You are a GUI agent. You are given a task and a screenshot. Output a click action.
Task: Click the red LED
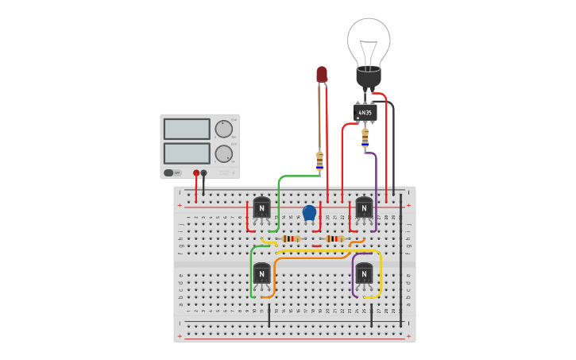(x=322, y=74)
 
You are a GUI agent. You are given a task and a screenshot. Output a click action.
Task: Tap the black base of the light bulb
(x=369, y=78)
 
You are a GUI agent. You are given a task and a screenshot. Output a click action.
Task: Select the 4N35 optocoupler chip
(x=365, y=113)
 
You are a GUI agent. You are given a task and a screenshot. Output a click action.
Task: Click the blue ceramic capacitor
(x=309, y=213)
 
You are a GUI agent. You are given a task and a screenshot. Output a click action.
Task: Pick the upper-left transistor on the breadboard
(x=261, y=208)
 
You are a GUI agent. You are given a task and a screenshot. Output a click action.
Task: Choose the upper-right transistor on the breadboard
(x=364, y=208)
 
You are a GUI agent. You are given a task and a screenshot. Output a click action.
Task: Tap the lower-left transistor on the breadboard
(x=261, y=274)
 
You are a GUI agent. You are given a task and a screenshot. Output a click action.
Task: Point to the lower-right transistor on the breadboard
(x=364, y=274)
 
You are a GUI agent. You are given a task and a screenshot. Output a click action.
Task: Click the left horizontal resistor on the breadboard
(x=291, y=238)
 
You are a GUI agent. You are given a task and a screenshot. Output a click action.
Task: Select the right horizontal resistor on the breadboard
(x=334, y=238)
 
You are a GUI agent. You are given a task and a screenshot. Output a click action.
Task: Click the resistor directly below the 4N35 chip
(x=365, y=137)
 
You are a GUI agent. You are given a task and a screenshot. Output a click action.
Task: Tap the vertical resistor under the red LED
(x=319, y=161)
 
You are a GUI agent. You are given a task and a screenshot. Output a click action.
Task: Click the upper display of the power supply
(x=187, y=129)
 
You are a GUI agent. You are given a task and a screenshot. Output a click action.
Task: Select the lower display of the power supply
(x=187, y=153)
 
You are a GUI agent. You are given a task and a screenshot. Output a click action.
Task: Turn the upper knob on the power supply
(x=224, y=129)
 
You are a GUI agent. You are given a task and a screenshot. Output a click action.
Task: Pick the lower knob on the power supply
(x=224, y=153)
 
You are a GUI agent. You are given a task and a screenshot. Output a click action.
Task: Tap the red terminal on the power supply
(x=196, y=172)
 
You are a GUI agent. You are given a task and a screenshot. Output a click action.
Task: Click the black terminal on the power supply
(x=204, y=172)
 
